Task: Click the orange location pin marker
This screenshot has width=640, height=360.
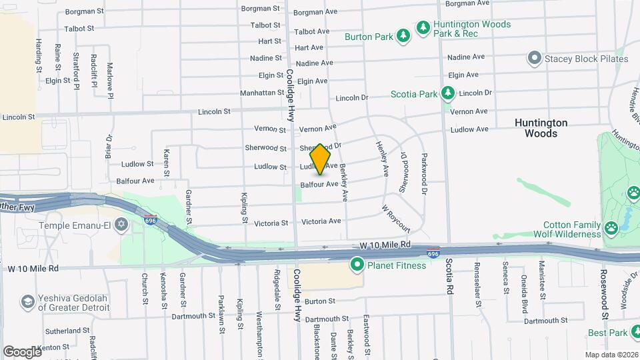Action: [321, 159]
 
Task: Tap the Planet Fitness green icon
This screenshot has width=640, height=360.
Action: [357, 266]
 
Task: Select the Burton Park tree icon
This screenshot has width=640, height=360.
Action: [403, 36]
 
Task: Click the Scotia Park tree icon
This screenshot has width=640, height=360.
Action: [449, 94]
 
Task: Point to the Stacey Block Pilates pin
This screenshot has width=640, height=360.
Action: [533, 59]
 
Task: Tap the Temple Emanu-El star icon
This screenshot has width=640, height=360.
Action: [121, 225]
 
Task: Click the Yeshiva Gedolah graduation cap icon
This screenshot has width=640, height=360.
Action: [28, 302]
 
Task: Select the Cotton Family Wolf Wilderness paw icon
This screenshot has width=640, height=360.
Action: [611, 229]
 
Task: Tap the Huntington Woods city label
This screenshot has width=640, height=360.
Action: [541, 128]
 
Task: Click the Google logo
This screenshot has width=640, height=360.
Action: [22, 351]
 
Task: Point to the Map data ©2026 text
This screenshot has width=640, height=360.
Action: [611, 355]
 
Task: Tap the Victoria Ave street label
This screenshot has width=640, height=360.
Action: [321, 221]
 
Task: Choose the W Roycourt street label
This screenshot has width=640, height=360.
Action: [395, 218]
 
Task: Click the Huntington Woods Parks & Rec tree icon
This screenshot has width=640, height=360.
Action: [422, 27]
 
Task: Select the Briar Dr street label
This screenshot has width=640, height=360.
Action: [108, 147]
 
